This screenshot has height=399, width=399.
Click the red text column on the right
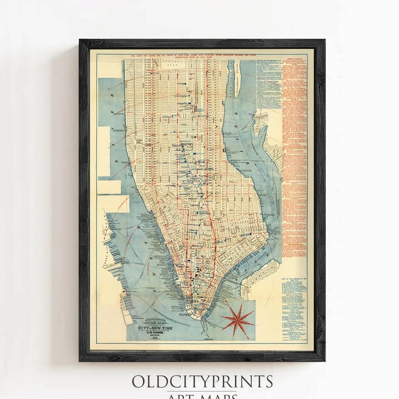[x=294, y=150]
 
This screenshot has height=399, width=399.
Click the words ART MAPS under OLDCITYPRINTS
[x=202, y=395]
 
